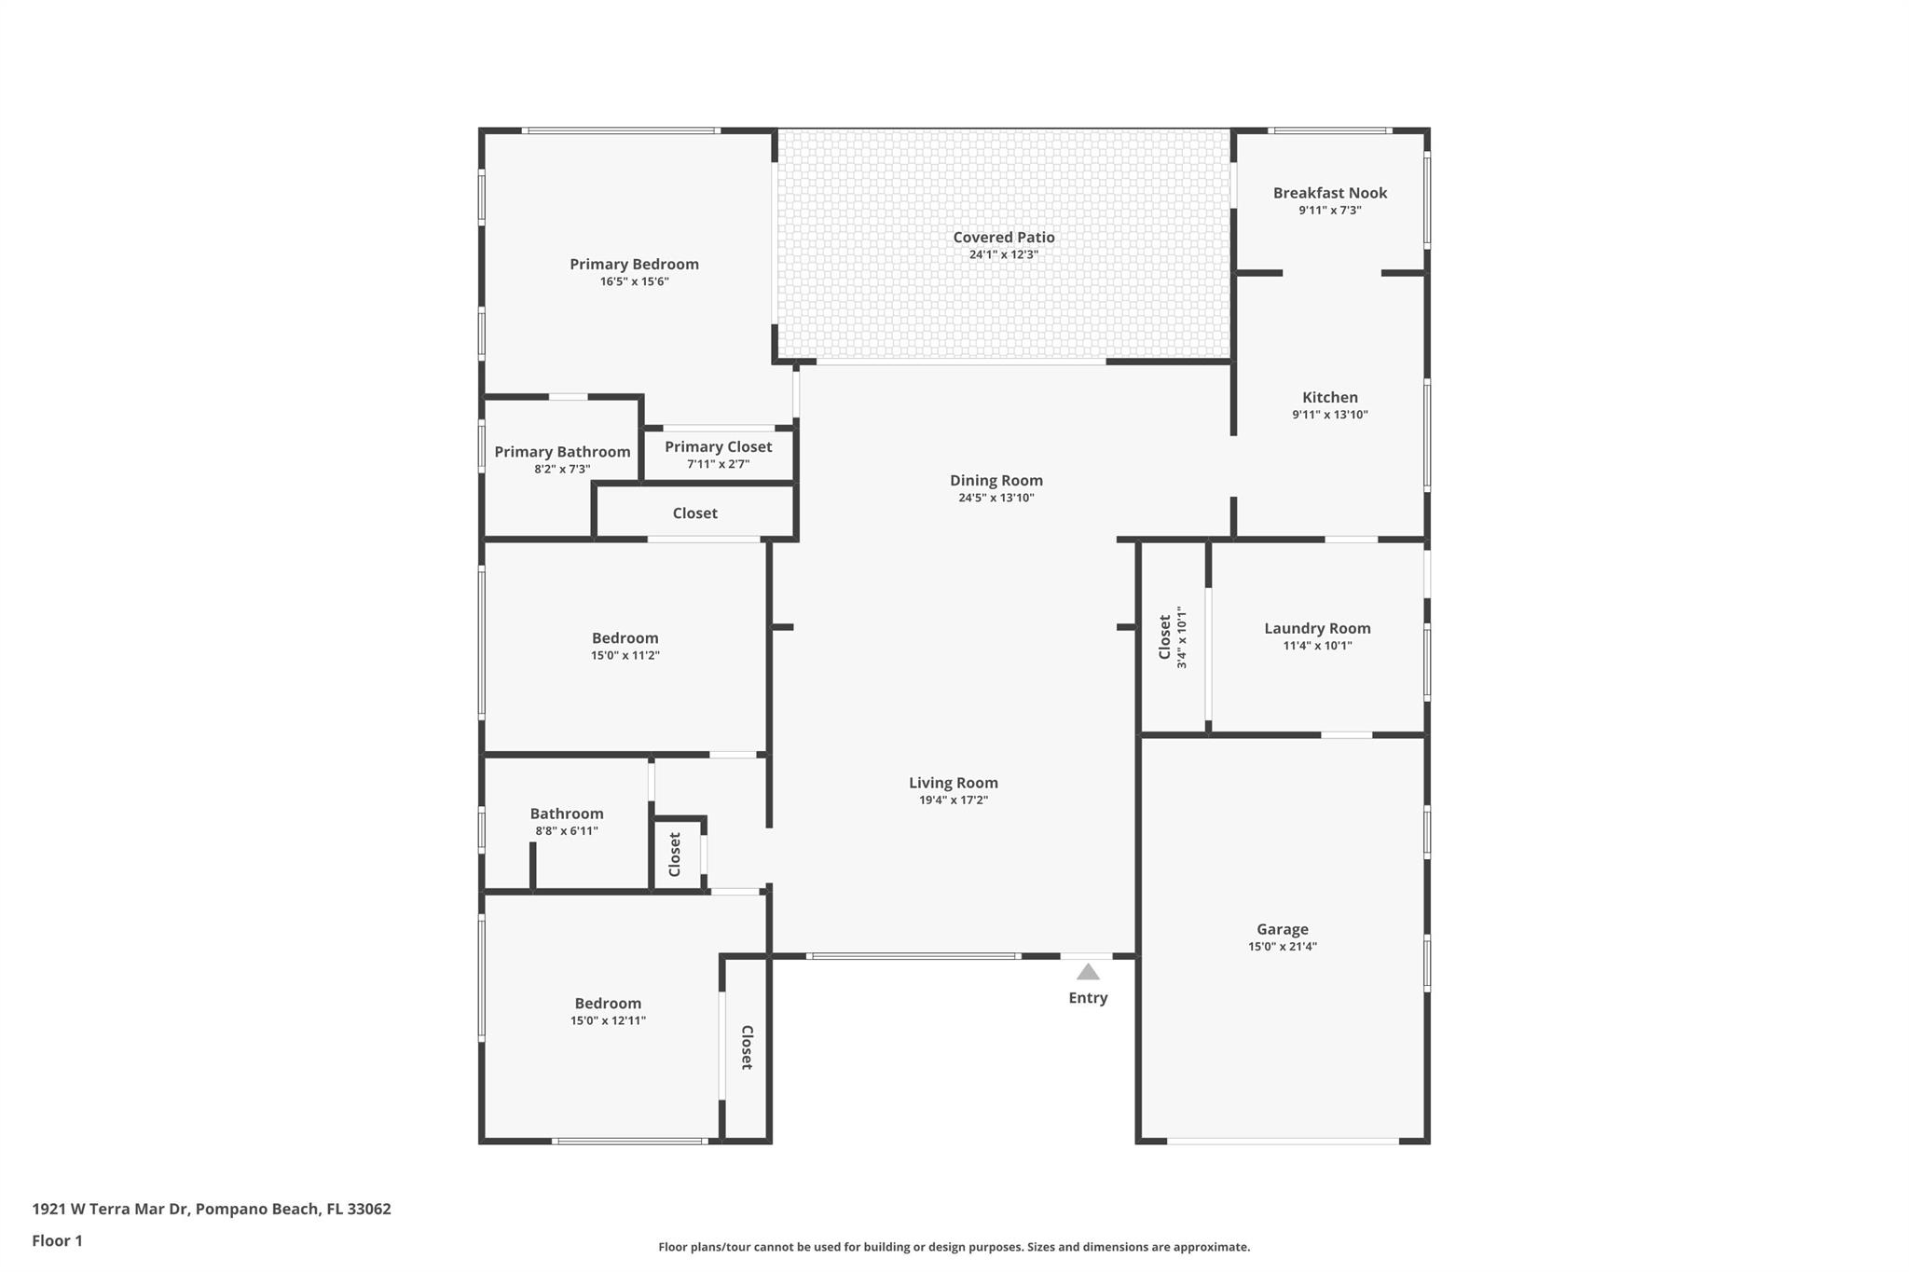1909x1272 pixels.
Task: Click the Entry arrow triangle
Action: (x=1088, y=972)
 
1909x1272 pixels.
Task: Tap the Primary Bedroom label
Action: (x=634, y=265)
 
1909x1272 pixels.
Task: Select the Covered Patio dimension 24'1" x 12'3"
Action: (x=1003, y=254)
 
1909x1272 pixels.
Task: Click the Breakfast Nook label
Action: (x=1330, y=193)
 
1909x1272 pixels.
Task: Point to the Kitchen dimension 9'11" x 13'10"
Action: (x=1330, y=415)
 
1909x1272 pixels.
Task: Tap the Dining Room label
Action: (x=996, y=481)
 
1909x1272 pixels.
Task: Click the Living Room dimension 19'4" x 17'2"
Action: (x=954, y=800)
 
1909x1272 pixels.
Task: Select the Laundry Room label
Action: (x=1317, y=628)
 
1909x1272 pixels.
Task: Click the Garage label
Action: (x=1283, y=929)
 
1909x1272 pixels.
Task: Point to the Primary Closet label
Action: (x=718, y=447)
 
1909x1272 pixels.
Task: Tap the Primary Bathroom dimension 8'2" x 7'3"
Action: (x=562, y=470)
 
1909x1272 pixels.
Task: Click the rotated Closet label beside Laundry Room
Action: (x=1164, y=636)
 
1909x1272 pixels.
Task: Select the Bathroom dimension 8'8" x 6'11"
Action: (x=567, y=831)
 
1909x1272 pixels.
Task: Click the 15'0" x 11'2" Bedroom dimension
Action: (x=625, y=655)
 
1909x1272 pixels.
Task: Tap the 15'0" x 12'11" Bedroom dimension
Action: (x=608, y=1020)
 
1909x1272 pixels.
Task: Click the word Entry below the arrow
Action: (x=1088, y=998)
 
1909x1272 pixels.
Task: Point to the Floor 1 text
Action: (x=57, y=1240)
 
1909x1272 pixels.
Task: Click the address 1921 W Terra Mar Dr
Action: (x=111, y=1209)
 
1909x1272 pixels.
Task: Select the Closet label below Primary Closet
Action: (x=695, y=513)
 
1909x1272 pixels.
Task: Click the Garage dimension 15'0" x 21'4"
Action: (x=1283, y=947)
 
